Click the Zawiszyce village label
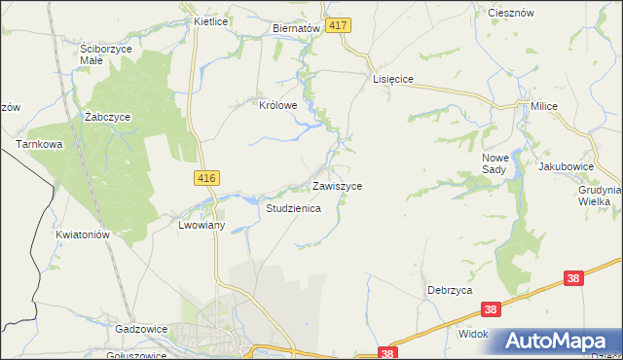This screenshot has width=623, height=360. (x=337, y=185)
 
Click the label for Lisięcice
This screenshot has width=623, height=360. (x=395, y=80)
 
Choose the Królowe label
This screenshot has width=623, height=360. (x=277, y=104)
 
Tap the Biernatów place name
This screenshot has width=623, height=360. (x=296, y=29)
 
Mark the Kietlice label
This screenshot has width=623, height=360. (x=210, y=19)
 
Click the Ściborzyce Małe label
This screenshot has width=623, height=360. (x=105, y=54)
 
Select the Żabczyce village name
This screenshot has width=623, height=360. (x=107, y=116)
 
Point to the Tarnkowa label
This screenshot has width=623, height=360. (x=38, y=144)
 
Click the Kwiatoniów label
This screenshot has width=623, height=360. (x=82, y=234)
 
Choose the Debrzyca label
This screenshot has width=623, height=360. (x=450, y=290)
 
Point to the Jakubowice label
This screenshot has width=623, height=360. (x=566, y=166)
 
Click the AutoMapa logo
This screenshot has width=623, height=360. (x=558, y=342)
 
